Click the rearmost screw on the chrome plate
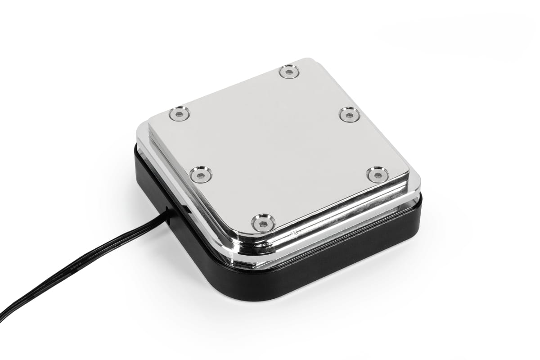coord(289,72)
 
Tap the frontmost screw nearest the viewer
coord(263,222)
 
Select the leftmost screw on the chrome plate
coord(180,113)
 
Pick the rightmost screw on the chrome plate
coord(378,174)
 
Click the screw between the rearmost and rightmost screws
coord(349,114)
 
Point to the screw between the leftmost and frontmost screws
coord(201,174)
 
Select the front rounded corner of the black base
coord(256,288)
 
